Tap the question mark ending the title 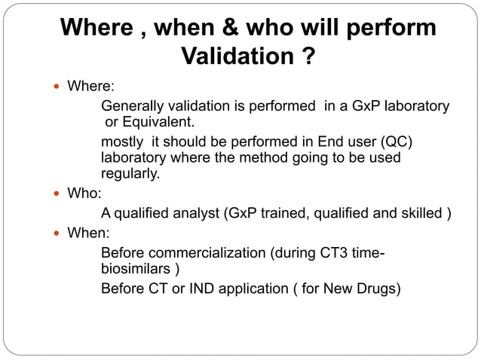point(306,56)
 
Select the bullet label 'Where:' point(91,87)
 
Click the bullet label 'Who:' point(84,193)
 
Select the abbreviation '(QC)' point(396,143)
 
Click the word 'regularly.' point(130,174)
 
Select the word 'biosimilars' point(134,269)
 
